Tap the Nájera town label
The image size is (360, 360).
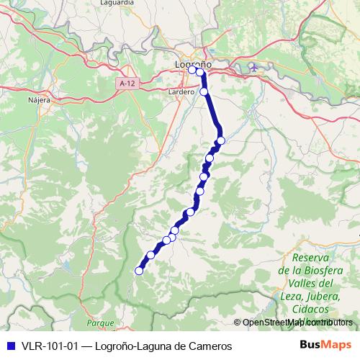(x=38, y=100)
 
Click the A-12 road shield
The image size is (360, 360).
(x=127, y=84)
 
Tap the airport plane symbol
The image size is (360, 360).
(x=252, y=68)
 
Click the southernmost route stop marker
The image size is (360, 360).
(x=140, y=271)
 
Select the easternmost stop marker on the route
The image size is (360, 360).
(x=221, y=140)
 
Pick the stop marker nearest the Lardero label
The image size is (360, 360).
(x=204, y=91)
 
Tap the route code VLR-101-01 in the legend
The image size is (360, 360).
(x=48, y=346)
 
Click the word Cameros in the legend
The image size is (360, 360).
(x=210, y=346)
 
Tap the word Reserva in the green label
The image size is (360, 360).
(x=311, y=258)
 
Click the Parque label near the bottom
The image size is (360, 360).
(x=100, y=323)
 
